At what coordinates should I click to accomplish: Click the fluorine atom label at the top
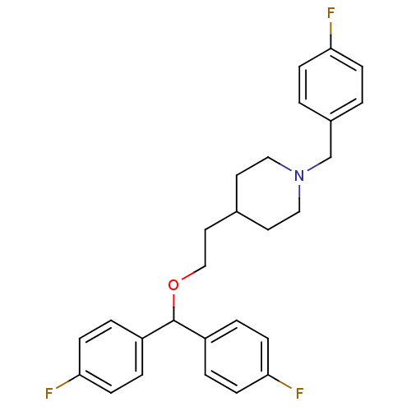(x=331, y=13)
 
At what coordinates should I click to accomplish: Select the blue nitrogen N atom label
(x=299, y=176)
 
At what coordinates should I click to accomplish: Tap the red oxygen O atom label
(x=173, y=285)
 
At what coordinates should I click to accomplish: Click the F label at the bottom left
(x=48, y=393)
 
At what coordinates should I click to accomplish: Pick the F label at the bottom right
(x=299, y=393)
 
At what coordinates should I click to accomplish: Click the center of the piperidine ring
(x=268, y=193)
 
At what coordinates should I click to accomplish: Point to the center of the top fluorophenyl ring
(x=331, y=85)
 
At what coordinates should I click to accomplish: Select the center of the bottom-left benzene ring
(x=111, y=357)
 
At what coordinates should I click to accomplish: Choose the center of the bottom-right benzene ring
(x=237, y=357)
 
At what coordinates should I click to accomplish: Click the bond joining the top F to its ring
(x=331, y=35)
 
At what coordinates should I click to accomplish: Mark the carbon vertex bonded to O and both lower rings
(x=173, y=321)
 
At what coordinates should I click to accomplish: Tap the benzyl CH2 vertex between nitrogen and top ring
(x=331, y=157)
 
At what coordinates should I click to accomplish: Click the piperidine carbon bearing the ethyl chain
(x=237, y=211)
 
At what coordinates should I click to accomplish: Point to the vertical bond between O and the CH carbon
(x=173, y=307)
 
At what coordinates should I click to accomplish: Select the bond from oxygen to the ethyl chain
(x=193, y=273)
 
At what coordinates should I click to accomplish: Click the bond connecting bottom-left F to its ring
(x=68, y=381)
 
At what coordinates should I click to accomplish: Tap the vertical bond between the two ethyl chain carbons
(x=205, y=247)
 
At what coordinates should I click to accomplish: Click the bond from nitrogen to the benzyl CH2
(x=319, y=164)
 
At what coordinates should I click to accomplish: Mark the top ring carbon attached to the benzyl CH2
(x=331, y=121)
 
